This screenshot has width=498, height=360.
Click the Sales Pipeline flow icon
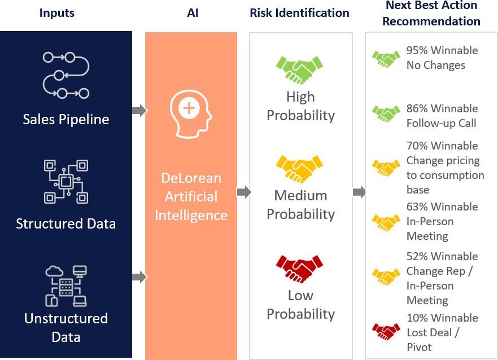coord(65,75)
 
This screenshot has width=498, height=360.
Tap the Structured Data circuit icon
coord(66,182)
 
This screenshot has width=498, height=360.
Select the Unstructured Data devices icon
coord(66,286)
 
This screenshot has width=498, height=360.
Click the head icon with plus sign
coord(191,113)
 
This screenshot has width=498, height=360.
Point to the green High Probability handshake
coord(299,69)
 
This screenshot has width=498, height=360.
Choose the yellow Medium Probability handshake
coord(299,169)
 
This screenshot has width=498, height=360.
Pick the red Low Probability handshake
coord(299,269)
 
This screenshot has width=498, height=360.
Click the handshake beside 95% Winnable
coord(386,59)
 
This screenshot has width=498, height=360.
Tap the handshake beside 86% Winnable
coord(386,113)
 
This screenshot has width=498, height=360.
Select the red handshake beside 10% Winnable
coord(386,331)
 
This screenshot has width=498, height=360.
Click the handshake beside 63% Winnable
coord(386,222)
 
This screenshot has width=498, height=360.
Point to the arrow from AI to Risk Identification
coord(244,192)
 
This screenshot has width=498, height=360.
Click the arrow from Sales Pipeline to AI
coord(139,111)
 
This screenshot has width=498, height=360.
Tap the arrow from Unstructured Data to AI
coord(139,277)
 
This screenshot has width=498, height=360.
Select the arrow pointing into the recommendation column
coord(359,192)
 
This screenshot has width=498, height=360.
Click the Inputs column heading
coord(57,13)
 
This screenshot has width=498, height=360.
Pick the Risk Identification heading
coord(299,13)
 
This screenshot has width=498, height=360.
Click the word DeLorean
coord(191,178)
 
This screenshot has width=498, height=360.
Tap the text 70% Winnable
coord(442,146)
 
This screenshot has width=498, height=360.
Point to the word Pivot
coord(419,347)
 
